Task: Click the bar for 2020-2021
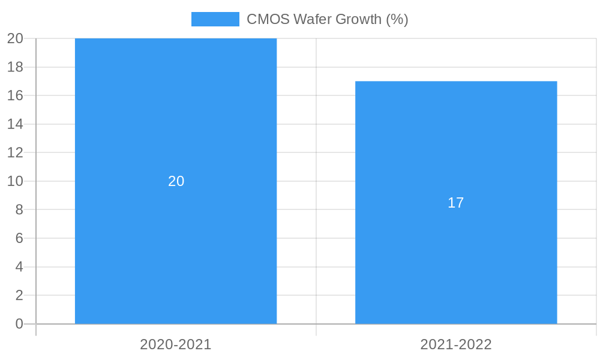click(x=176, y=240)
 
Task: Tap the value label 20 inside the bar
click(x=176, y=181)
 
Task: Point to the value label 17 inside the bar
click(x=456, y=203)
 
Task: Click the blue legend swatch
click(x=215, y=19)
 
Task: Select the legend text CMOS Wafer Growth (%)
click(x=327, y=19)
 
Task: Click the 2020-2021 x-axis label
click(x=176, y=344)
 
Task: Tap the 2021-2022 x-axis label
click(x=456, y=344)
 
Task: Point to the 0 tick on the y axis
click(x=19, y=324)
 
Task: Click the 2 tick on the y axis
click(x=19, y=295)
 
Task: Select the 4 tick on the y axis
click(x=19, y=267)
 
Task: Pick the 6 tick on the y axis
click(x=19, y=238)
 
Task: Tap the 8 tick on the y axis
click(x=19, y=209)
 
